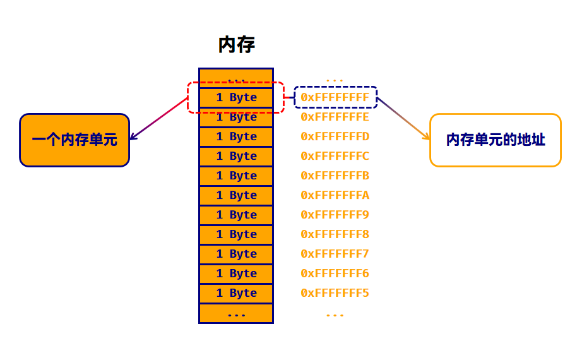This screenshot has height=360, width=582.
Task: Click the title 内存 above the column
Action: [x=236, y=45]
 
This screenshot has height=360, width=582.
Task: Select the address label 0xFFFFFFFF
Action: [x=335, y=97]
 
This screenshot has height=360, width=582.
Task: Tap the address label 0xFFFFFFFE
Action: [x=335, y=117]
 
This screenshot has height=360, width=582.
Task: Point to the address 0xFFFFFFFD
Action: [x=335, y=136]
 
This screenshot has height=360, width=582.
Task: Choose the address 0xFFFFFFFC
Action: [x=335, y=156]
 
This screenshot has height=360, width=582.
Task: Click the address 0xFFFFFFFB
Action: [x=335, y=176]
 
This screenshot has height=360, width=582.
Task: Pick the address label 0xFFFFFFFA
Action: [x=335, y=195]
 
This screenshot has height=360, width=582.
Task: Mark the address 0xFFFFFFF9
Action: [x=335, y=215]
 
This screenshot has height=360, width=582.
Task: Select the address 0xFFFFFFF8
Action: [x=335, y=234]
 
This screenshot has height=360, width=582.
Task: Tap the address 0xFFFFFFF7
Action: [x=335, y=254]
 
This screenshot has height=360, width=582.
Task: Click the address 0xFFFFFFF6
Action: [x=335, y=273]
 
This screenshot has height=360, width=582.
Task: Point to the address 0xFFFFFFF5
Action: [x=335, y=293]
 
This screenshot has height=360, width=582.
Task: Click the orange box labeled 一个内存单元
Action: [x=74, y=140]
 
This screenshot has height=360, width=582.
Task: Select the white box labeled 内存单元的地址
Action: [x=495, y=140]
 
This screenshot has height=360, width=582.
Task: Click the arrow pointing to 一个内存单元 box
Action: [x=158, y=119]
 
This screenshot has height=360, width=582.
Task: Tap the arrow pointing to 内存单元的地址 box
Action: [x=404, y=119]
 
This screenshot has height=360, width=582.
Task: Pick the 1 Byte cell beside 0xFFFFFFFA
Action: [x=236, y=195]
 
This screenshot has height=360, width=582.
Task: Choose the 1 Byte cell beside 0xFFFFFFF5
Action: [x=236, y=293]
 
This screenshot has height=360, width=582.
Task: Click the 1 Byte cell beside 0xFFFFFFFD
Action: [x=236, y=136]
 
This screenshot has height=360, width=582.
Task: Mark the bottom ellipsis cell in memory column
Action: [x=236, y=314]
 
